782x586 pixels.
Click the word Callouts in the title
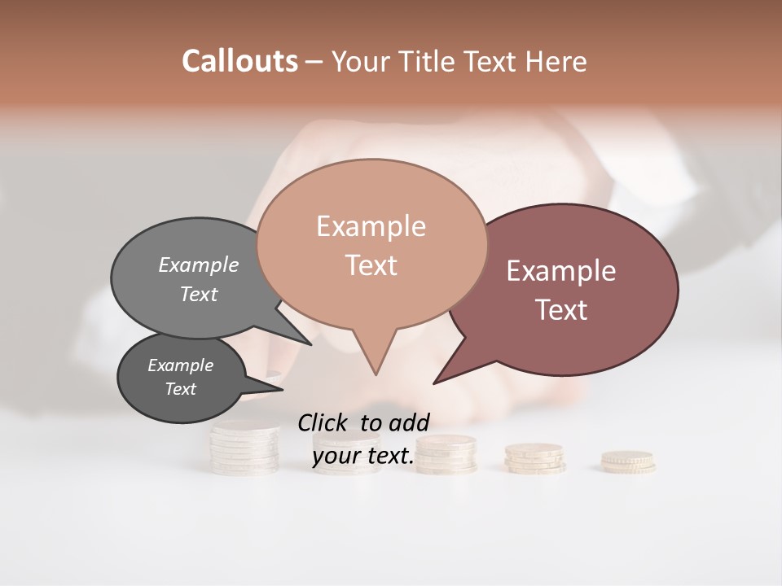pos(239,61)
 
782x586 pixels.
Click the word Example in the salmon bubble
pos(371,226)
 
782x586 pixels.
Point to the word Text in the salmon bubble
pos(371,265)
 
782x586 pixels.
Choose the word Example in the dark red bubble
pos(561,271)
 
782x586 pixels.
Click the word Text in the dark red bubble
pos(562,310)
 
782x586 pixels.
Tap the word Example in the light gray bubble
pos(199,265)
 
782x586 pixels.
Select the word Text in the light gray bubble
pos(199,294)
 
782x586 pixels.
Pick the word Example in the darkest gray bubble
pos(180,365)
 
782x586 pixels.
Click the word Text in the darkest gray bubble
pos(180,389)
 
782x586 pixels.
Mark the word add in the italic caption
pos(408,422)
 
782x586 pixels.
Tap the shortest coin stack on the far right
pos(627,461)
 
